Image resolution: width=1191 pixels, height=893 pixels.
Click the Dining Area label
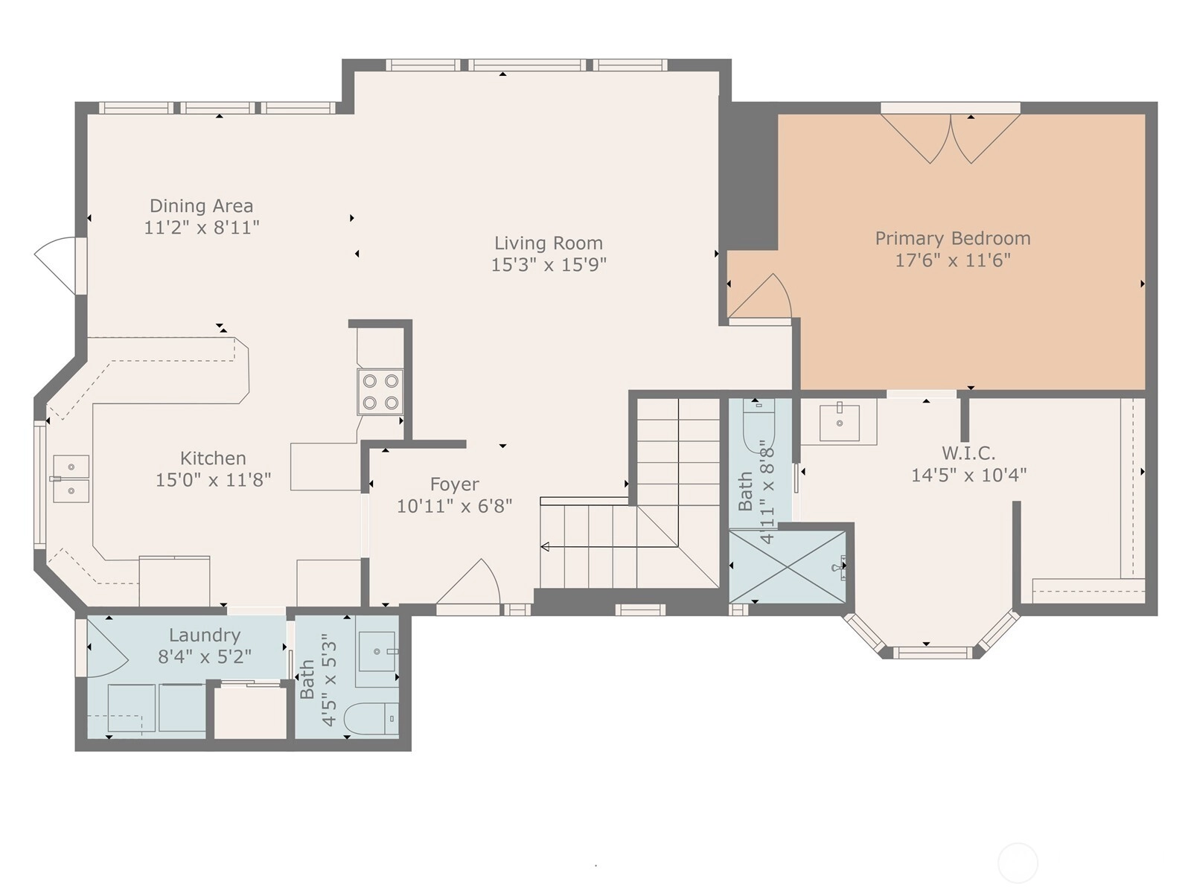click(x=201, y=206)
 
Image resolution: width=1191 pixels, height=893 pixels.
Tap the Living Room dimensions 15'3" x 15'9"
click(x=549, y=265)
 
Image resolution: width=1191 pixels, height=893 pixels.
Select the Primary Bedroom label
click(x=953, y=239)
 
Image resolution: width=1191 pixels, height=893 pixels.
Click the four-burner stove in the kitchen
click(x=380, y=391)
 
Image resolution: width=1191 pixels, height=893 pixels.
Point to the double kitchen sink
click(x=71, y=478)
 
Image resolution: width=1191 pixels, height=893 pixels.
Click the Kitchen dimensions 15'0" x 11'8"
click(x=213, y=480)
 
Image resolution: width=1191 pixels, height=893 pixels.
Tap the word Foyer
click(x=454, y=484)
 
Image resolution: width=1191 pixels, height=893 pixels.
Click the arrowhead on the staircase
click(x=545, y=546)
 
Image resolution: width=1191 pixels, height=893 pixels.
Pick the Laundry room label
click(x=205, y=635)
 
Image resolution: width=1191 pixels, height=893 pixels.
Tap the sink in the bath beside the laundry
click(x=377, y=651)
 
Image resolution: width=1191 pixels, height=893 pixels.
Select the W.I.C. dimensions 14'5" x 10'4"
click(x=968, y=476)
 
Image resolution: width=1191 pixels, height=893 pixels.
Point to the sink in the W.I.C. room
click(x=839, y=423)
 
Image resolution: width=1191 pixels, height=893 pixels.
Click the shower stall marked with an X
click(x=788, y=566)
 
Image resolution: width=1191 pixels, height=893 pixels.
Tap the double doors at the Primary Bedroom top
click(x=951, y=138)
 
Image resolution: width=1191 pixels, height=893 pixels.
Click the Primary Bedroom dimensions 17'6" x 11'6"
click(x=953, y=260)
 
